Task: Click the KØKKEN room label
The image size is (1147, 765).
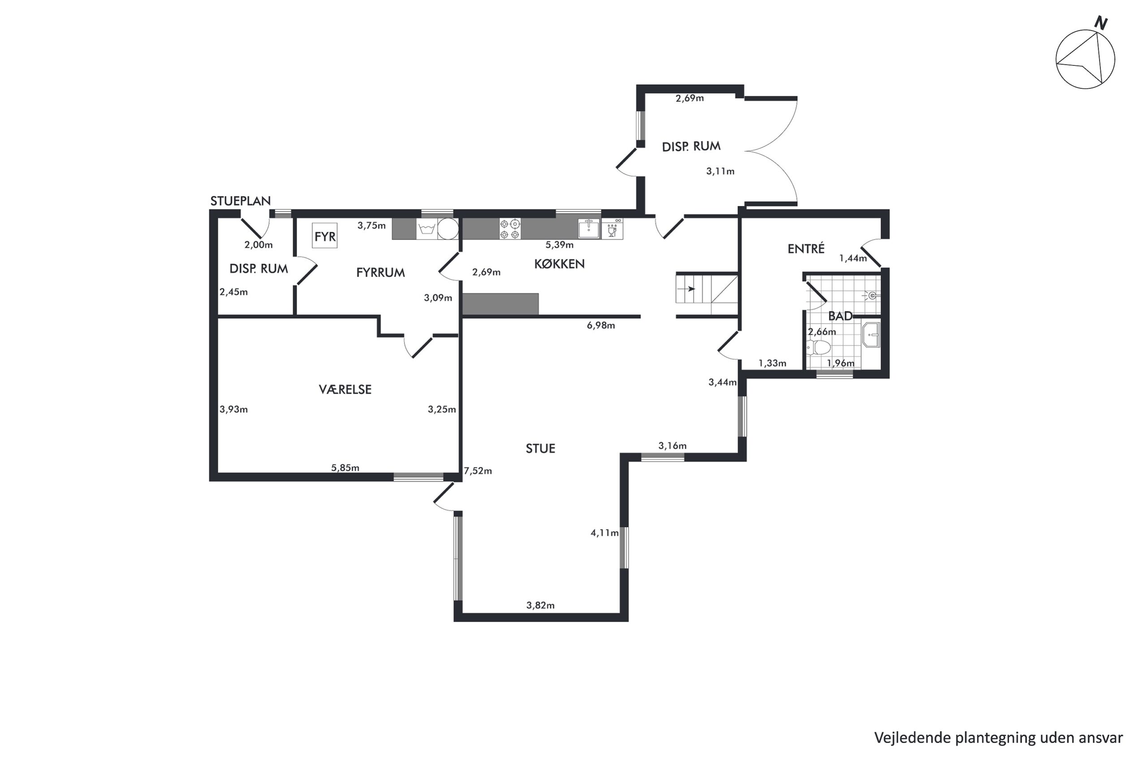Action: [x=559, y=264]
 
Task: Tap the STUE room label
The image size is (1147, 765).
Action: [x=540, y=448]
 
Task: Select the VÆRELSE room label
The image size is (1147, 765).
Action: [x=345, y=389]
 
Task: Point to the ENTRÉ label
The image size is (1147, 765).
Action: [x=806, y=248]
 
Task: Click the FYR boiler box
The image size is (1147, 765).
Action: [x=325, y=236]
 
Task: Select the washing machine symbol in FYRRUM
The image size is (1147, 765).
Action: [x=427, y=229]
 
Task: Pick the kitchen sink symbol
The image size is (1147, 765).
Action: [x=589, y=228]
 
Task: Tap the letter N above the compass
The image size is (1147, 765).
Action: [x=1101, y=23]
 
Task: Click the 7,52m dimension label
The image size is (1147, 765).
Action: [x=478, y=471]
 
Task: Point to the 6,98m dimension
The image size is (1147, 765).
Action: [x=601, y=325]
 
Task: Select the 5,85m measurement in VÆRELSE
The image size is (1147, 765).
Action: [x=345, y=468]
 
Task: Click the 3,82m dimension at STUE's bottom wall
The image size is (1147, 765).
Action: [x=540, y=605]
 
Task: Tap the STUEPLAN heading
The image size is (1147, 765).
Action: [x=241, y=201]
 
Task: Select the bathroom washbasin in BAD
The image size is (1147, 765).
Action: [x=871, y=334]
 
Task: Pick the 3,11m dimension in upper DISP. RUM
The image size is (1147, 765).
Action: [x=720, y=171]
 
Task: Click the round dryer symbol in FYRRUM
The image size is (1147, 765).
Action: [x=448, y=229]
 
